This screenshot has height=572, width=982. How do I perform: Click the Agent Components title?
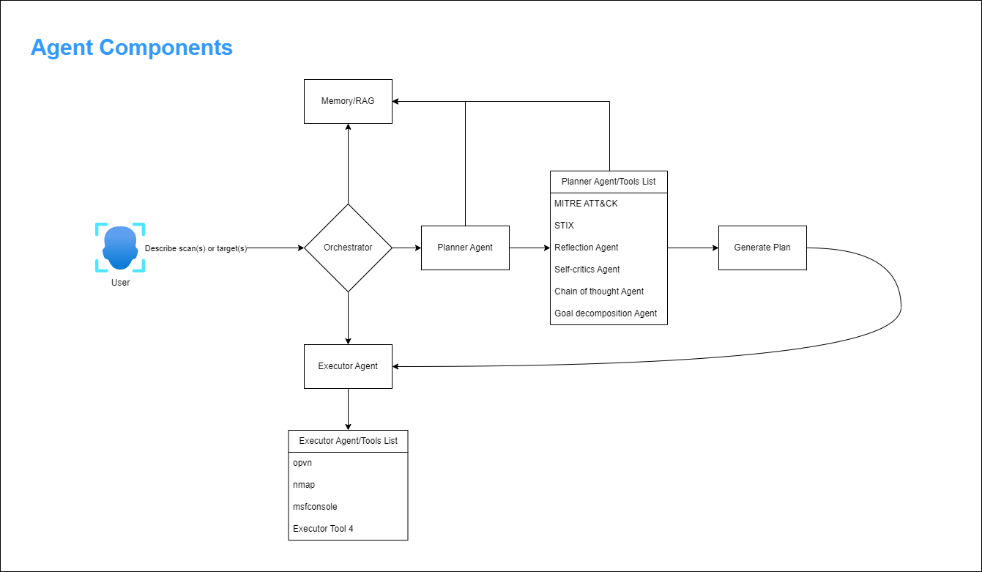click(x=132, y=48)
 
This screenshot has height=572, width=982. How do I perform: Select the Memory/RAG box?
click(x=348, y=101)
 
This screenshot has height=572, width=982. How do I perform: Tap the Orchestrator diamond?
click(x=348, y=248)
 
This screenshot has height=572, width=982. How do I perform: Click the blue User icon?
click(x=120, y=247)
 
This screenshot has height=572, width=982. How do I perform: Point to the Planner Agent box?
click(x=465, y=248)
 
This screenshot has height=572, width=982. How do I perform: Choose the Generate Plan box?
click(x=762, y=248)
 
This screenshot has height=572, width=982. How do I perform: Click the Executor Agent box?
click(x=348, y=366)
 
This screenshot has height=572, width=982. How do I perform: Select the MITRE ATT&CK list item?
click(x=586, y=204)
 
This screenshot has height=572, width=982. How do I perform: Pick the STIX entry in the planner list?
click(x=565, y=226)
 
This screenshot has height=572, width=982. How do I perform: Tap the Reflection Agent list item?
click(x=587, y=248)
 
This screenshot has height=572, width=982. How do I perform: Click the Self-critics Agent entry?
click(x=587, y=270)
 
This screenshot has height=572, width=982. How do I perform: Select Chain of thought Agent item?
click(x=599, y=291)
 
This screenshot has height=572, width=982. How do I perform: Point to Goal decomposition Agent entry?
click(x=606, y=313)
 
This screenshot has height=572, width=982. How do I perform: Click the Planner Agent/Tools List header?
click(x=609, y=182)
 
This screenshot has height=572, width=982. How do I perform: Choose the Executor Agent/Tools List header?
click(x=348, y=441)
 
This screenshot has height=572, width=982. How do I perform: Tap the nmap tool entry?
click(x=304, y=485)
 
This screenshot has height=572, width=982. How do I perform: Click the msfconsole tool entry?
click(x=315, y=507)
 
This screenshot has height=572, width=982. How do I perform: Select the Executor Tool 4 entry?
click(x=323, y=529)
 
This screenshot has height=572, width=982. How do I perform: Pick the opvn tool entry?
click(x=302, y=463)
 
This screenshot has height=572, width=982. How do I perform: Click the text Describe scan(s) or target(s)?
click(x=196, y=248)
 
